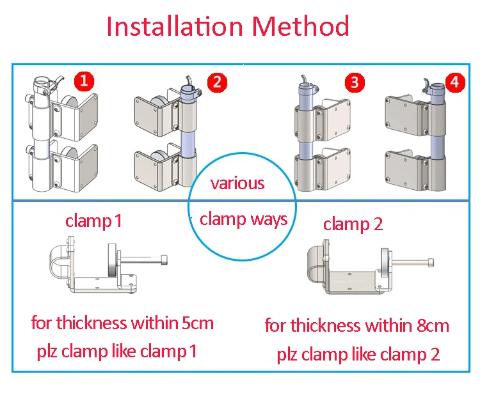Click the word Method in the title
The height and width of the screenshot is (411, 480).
pyautogui.click(x=301, y=26)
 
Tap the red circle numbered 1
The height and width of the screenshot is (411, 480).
pyautogui.click(x=84, y=81)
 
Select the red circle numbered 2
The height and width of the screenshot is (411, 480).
pyautogui.click(x=217, y=82)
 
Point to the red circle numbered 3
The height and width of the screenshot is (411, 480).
pyautogui.click(x=355, y=82)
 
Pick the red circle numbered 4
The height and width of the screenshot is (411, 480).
pyautogui.click(x=455, y=82)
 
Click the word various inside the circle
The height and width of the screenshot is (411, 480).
pyautogui.click(x=237, y=183)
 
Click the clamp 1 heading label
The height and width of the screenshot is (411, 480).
pyautogui.click(x=93, y=221)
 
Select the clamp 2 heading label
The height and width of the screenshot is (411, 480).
pyautogui.click(x=353, y=224)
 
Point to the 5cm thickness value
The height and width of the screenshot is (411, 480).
pyautogui.click(x=198, y=323)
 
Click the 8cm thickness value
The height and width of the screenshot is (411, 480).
pyautogui.click(x=433, y=325)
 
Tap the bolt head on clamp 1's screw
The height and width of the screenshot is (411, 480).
pyautogui.click(x=164, y=260)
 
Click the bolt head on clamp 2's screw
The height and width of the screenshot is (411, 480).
pyautogui.click(x=431, y=262)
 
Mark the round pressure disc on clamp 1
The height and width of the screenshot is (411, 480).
pyautogui.click(x=113, y=260)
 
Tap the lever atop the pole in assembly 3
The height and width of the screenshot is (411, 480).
pyautogui.click(x=304, y=79)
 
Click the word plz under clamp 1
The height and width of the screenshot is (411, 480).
pyautogui.click(x=47, y=352)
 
